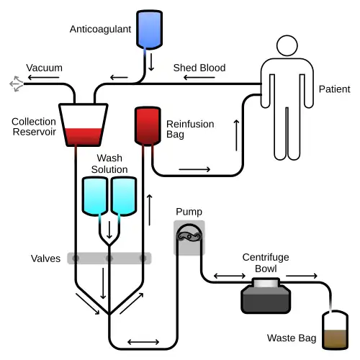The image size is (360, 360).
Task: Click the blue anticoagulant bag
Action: pyautogui.click(x=149, y=30)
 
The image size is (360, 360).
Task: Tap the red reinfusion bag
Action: pyautogui.click(x=148, y=126)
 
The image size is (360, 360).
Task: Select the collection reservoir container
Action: pyautogui.click(x=84, y=125)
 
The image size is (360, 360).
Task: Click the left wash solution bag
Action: pyautogui.click(x=95, y=196)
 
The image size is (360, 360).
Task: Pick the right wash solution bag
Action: pyautogui.click(x=124, y=196)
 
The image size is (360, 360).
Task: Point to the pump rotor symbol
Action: pyautogui.click(x=189, y=237)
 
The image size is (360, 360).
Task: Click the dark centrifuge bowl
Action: pyautogui.click(x=266, y=296)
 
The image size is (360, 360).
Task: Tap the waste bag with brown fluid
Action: pyautogui.click(x=335, y=330)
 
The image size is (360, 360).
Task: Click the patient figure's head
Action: pyautogui.click(x=287, y=45)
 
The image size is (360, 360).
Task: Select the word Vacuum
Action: pyautogui.click(x=44, y=68)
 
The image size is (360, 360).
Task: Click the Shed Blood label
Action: pyautogui.click(x=199, y=68)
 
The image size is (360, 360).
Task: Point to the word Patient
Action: pyautogui.click(x=334, y=89)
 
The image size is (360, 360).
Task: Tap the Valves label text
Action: pyautogui.click(x=45, y=258)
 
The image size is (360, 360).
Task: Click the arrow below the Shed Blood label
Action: pyautogui.click(x=199, y=77)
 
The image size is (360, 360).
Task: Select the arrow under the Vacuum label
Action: pyautogui.click(x=43, y=77)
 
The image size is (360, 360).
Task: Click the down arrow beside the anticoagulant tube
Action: pyautogui.click(x=151, y=62)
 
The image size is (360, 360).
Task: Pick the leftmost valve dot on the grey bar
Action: pyautogui.click(x=76, y=258)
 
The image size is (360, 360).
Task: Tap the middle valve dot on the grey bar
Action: pyautogui.click(x=109, y=258)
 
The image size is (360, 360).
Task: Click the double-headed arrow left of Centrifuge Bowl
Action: pyautogui.click(x=230, y=276)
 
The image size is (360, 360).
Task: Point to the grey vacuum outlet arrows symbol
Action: pyautogui.click(x=17, y=84)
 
